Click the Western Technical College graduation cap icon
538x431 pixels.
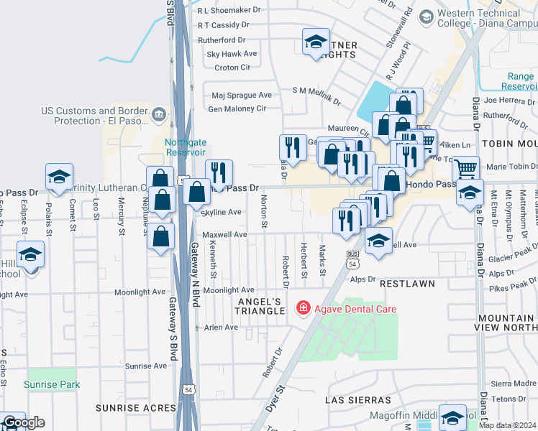(426, 16)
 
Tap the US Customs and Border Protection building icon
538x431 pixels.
(159, 113)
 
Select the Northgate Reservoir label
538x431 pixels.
(185, 147)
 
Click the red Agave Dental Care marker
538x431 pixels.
(304, 309)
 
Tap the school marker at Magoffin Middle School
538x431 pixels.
(453, 417)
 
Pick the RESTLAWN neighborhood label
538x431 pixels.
(407, 284)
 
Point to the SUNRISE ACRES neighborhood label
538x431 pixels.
(136, 407)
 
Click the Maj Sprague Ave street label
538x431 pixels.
(242, 95)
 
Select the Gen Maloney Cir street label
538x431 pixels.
(237, 108)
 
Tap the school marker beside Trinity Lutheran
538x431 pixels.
(59, 177)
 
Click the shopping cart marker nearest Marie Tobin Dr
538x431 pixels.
(465, 169)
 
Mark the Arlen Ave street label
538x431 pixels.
(221, 327)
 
